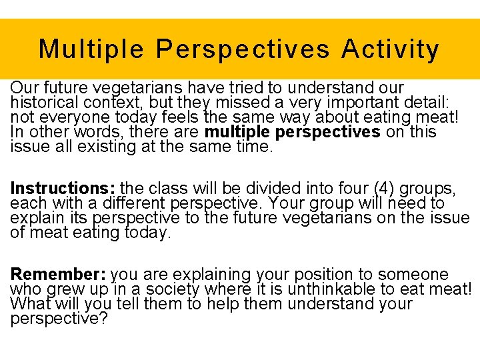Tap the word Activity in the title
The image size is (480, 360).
(390, 49)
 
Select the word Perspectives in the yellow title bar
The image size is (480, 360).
(243, 49)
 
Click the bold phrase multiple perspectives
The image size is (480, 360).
(292, 131)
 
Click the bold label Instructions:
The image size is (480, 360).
(55, 187)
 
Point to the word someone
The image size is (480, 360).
(415, 274)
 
